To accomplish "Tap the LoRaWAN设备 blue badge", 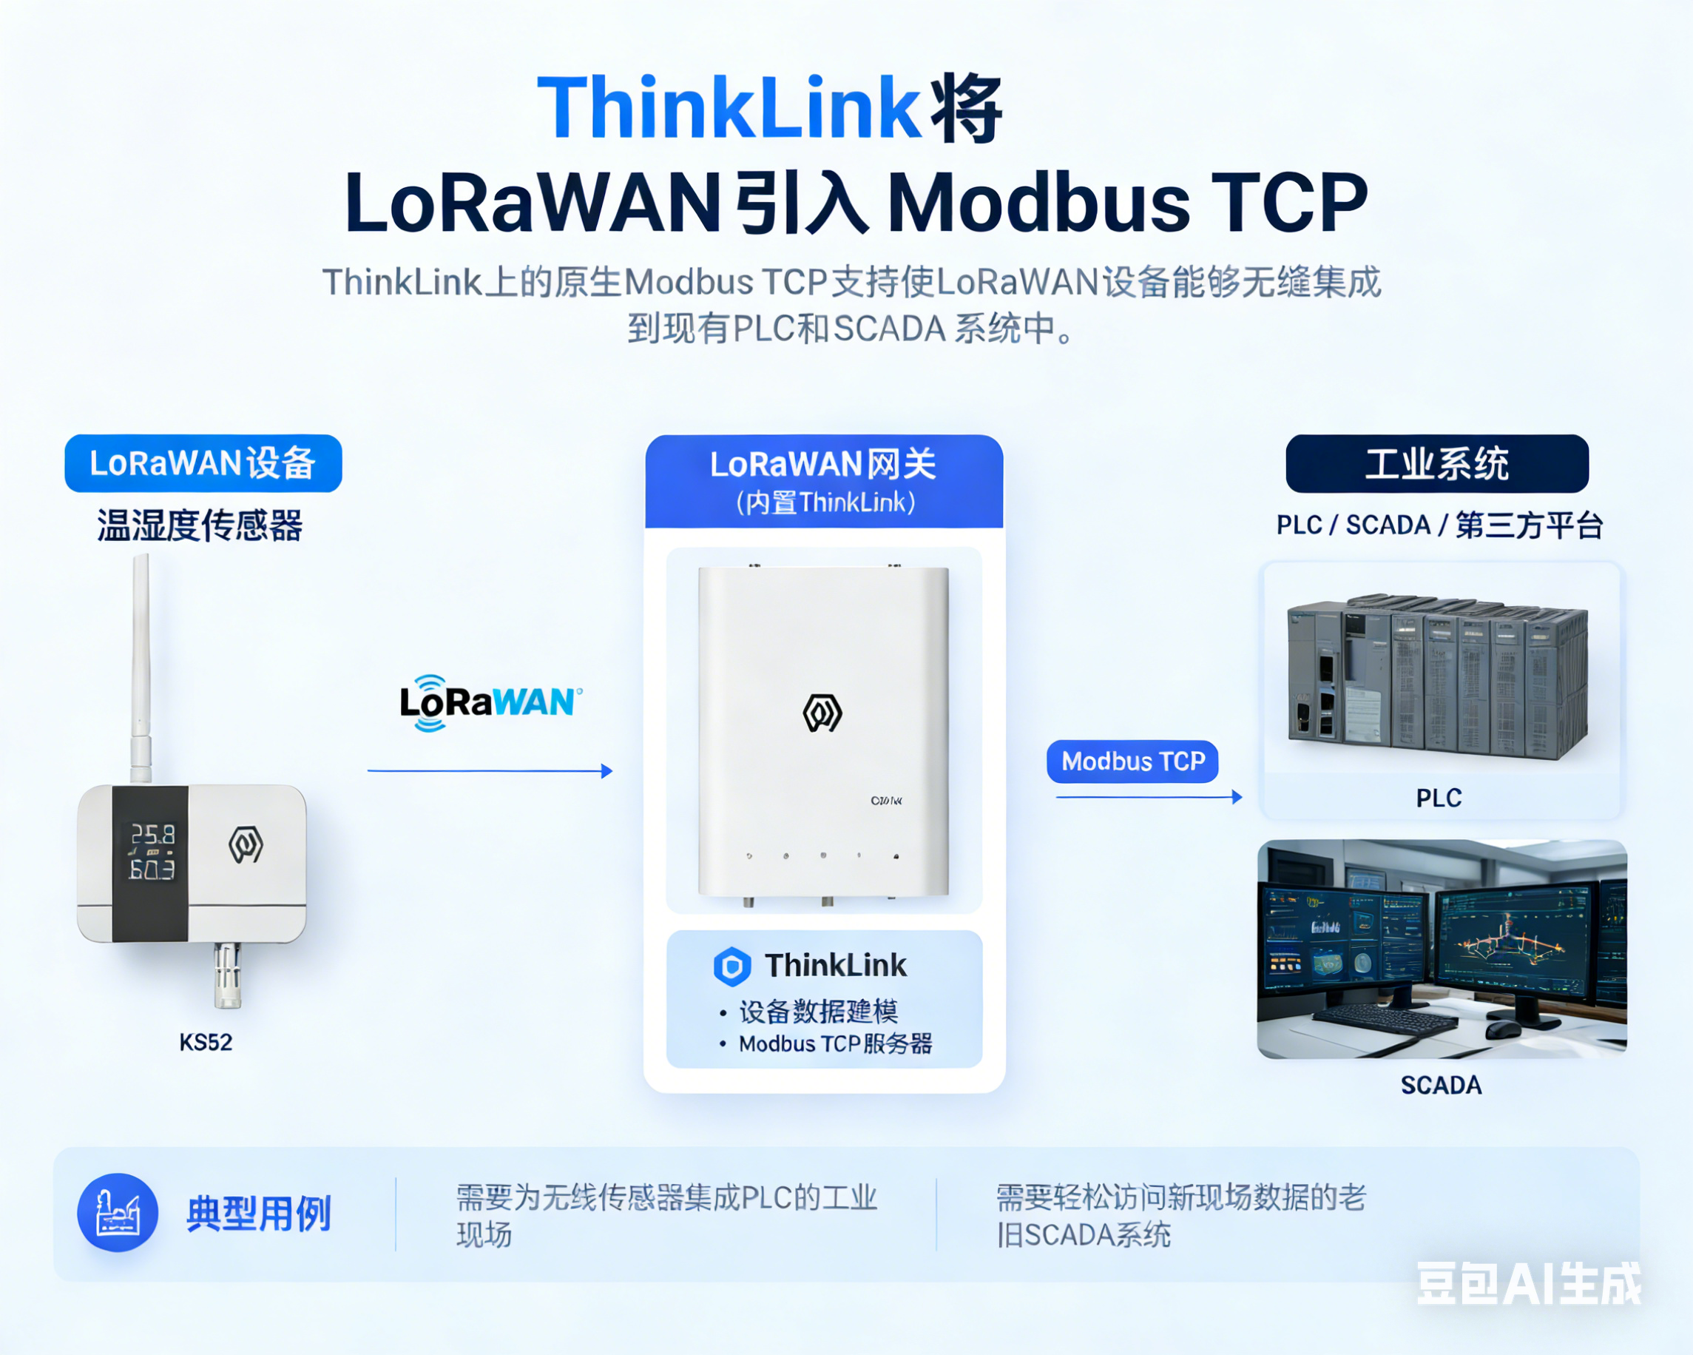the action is (x=203, y=463).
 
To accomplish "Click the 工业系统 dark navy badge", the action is (x=1436, y=463).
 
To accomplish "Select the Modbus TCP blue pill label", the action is (x=1132, y=761).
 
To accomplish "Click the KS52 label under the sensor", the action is (x=206, y=1043).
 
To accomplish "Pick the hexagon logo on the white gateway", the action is (x=822, y=713).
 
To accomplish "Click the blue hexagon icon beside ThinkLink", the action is (x=731, y=966).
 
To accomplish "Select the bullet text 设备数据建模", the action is (x=818, y=1012).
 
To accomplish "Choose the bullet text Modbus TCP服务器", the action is (x=836, y=1044).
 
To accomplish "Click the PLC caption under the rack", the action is (x=1439, y=798).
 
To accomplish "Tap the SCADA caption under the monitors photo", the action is (x=1441, y=1085).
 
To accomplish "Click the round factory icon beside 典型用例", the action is (x=118, y=1213).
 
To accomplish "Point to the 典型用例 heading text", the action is (x=259, y=1214).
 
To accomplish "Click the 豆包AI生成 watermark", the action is (x=1528, y=1284).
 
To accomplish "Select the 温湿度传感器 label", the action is (x=200, y=525).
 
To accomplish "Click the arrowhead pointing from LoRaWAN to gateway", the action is (x=606, y=771).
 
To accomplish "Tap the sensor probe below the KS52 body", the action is (x=228, y=975).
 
